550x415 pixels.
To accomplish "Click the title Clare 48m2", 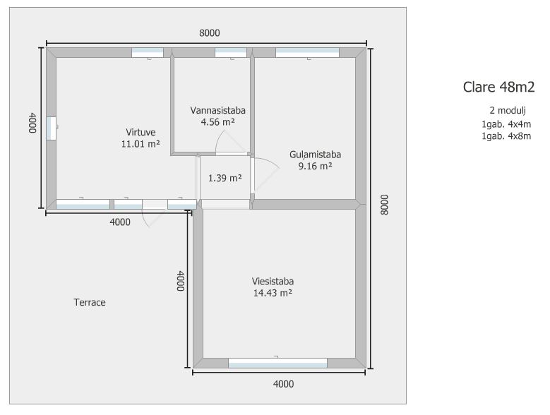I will pyautogui.click(x=498, y=88).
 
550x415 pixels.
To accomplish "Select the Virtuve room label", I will pyautogui.click(x=141, y=132).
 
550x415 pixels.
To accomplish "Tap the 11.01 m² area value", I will pyautogui.click(x=141, y=143).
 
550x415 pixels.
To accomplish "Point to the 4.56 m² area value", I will pyautogui.click(x=217, y=121).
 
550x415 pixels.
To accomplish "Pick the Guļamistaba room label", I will pyautogui.click(x=315, y=155).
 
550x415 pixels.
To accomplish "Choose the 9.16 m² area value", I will pyautogui.click(x=315, y=166).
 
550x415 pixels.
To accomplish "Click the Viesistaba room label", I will pyautogui.click(x=273, y=281).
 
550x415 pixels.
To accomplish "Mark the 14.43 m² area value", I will pyautogui.click(x=273, y=292).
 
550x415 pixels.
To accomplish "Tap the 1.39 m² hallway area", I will pyautogui.click(x=225, y=178).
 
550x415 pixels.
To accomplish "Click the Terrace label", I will pyautogui.click(x=90, y=302).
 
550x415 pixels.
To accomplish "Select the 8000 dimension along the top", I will pyautogui.click(x=209, y=32).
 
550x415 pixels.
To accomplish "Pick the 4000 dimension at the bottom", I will pyautogui.click(x=282, y=384).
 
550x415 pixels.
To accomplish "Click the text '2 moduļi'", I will pyautogui.click(x=507, y=111).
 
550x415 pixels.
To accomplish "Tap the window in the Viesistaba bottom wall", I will pyautogui.click(x=277, y=363).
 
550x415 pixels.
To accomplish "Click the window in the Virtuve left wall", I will pyautogui.click(x=51, y=128).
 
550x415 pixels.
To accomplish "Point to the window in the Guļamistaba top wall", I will pyautogui.click(x=307, y=52).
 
